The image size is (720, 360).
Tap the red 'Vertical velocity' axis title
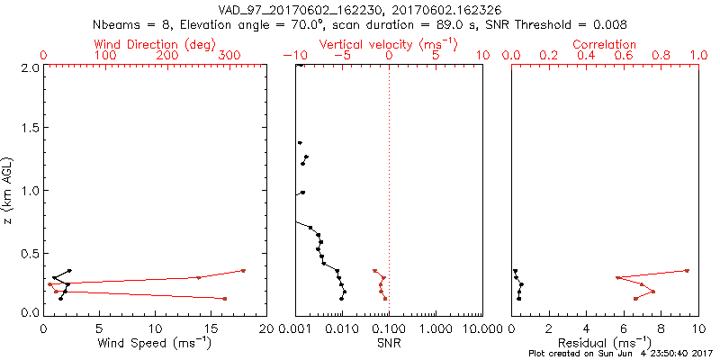pyautogui.click(x=388, y=44)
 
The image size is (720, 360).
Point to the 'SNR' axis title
pyautogui.click(x=388, y=343)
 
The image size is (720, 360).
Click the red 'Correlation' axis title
pyautogui.click(x=605, y=44)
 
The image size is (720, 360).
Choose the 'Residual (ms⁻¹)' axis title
pyautogui.click(x=605, y=343)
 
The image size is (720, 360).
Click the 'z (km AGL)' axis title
pyautogui.click(x=8, y=190)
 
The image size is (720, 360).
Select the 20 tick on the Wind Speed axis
pyautogui.click(x=266, y=328)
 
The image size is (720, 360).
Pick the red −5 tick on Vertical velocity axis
pyautogui.click(x=342, y=56)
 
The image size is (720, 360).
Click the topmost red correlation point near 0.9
pyautogui.click(x=687, y=270)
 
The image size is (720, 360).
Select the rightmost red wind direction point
pyautogui.click(x=243, y=270)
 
